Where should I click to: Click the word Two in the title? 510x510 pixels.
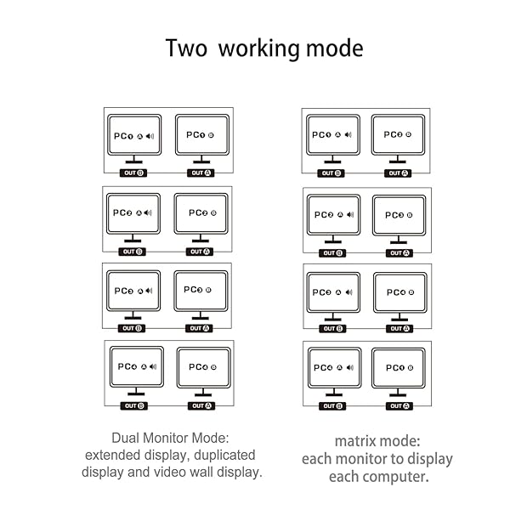pyautogui.click(x=187, y=48)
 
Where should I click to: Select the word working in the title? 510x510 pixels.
pyautogui.click(x=259, y=48)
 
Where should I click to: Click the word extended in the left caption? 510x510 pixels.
pyautogui.click(x=113, y=454)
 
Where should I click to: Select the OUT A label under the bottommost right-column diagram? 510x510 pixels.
pyautogui.click(x=399, y=406)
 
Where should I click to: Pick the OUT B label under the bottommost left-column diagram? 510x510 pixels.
pyautogui.click(x=134, y=406)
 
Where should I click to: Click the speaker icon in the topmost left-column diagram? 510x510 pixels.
pyautogui.click(x=151, y=136)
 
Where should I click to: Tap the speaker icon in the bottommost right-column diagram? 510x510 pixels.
pyautogui.click(x=350, y=368)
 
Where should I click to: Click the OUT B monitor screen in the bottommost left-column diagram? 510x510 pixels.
pyautogui.click(x=135, y=366)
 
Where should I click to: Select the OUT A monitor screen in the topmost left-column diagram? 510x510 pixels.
pyautogui.click(x=201, y=135)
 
